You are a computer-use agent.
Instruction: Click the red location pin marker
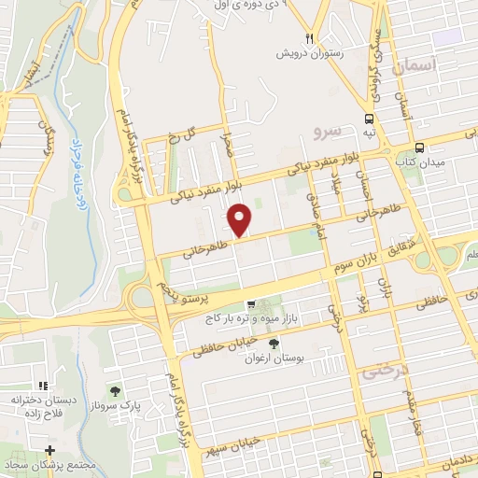tap(240, 220)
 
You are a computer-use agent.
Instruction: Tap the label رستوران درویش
tap(309, 53)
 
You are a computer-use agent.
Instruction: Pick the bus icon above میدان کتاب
tap(419, 147)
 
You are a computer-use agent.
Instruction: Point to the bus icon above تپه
tap(369, 119)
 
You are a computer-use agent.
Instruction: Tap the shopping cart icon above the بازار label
tap(251, 304)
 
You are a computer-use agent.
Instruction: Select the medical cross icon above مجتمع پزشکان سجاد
tap(49, 451)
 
